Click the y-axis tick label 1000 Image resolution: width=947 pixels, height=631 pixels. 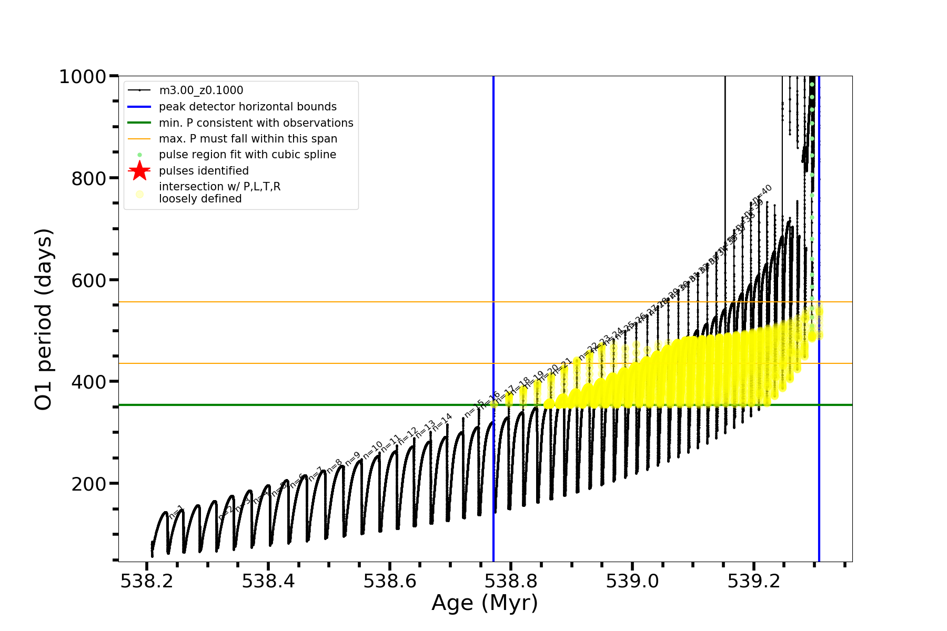(83, 77)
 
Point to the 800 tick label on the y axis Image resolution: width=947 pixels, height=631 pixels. (88, 179)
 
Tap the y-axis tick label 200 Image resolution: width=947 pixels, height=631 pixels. (88, 484)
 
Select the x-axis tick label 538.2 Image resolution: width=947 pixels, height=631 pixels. (147, 582)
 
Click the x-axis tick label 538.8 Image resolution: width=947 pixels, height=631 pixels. (511, 582)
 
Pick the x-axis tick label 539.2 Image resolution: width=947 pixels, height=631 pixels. (753, 582)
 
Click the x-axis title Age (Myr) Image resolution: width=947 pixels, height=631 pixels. (485, 603)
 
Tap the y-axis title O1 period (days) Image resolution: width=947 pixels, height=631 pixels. (43, 319)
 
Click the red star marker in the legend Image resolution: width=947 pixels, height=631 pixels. (139, 171)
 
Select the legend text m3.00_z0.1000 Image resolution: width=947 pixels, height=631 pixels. (201, 91)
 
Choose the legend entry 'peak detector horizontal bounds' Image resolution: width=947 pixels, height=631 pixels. (248, 107)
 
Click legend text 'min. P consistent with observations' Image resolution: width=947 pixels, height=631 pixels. (256, 123)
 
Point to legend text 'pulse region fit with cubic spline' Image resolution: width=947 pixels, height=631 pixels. (247, 155)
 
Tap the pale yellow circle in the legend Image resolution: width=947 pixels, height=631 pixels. (139, 194)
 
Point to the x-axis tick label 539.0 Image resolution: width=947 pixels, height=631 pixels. (632, 582)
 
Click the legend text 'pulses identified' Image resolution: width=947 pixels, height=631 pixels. (204, 171)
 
